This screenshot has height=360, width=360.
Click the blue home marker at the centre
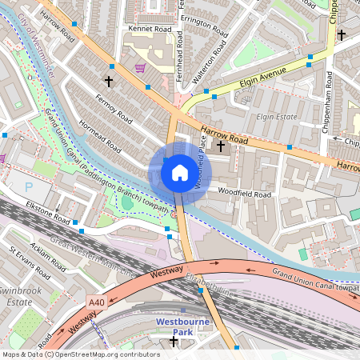pyautogui.click(x=179, y=173)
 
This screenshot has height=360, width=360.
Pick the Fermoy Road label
pyautogui.click(x=113, y=106)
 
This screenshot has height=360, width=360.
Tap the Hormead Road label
pyautogui.click(x=101, y=136)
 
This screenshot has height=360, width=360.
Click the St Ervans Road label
pyautogui.click(x=26, y=263)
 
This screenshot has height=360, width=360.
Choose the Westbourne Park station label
pyautogui.click(x=182, y=328)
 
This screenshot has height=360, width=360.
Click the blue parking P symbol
pyautogui.click(x=30, y=186)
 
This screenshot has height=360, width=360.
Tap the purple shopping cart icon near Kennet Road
pyautogui.click(x=140, y=68)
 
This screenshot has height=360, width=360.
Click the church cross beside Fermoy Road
pyautogui.click(x=109, y=82)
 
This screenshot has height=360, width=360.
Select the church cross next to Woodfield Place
pyautogui.click(x=220, y=146)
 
